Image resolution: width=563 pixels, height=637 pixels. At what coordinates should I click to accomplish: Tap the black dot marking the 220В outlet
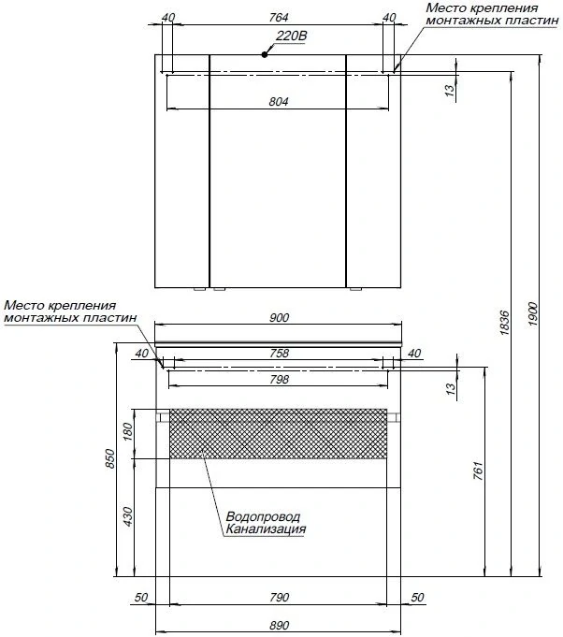(266, 55)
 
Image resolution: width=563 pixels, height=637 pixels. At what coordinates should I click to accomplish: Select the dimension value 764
(278, 18)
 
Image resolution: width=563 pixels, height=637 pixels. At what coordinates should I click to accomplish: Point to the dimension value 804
(278, 102)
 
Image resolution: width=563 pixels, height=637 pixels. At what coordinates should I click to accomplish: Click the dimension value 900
(279, 318)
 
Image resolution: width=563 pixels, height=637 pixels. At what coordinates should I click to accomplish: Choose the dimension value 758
(279, 353)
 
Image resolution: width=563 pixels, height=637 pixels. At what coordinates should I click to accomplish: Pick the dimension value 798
(279, 380)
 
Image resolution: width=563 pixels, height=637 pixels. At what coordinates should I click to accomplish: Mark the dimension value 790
(279, 598)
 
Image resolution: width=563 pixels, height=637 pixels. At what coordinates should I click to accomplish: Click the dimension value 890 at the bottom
(279, 626)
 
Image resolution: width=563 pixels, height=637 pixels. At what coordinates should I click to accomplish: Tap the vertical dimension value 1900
(533, 311)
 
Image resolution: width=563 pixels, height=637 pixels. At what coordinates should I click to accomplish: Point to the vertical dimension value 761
(478, 470)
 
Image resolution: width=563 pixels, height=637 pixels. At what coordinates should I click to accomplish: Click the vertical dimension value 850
(109, 459)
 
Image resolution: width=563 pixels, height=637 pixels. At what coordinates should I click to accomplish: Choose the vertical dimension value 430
(129, 516)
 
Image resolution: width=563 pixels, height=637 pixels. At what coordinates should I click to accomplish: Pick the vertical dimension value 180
(129, 432)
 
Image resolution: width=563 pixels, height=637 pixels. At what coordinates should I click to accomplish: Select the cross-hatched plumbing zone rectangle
(278, 434)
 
